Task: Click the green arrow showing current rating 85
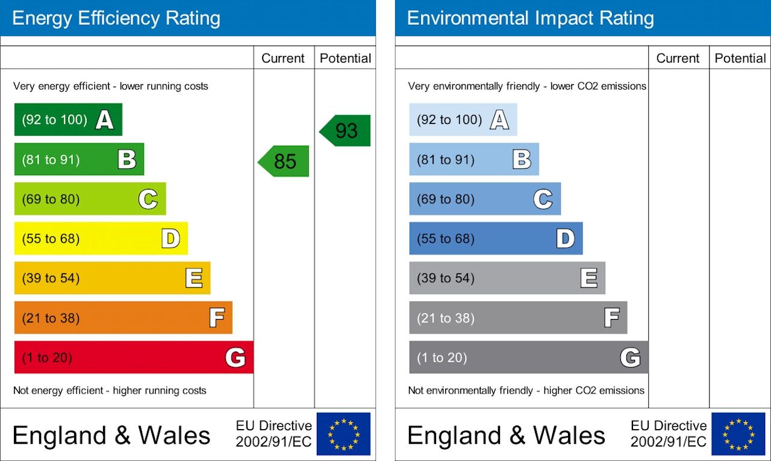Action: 284,161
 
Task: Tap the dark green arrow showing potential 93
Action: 346,131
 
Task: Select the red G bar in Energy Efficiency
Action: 134,357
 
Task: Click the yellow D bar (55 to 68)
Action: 101,238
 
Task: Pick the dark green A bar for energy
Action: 68,119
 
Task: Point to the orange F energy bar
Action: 123,318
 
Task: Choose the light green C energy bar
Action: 90,199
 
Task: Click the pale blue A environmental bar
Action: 463,119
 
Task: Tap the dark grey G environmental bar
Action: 528,357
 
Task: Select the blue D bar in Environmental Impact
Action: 496,238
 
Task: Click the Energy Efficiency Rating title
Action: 116,18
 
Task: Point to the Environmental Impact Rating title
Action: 530,18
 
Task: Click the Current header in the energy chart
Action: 283,58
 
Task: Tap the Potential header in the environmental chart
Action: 740,58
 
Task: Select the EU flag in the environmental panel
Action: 738,434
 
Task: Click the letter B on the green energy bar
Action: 127,159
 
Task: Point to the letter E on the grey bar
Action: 588,278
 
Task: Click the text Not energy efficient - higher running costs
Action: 110,391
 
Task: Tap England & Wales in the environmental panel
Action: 506,435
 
